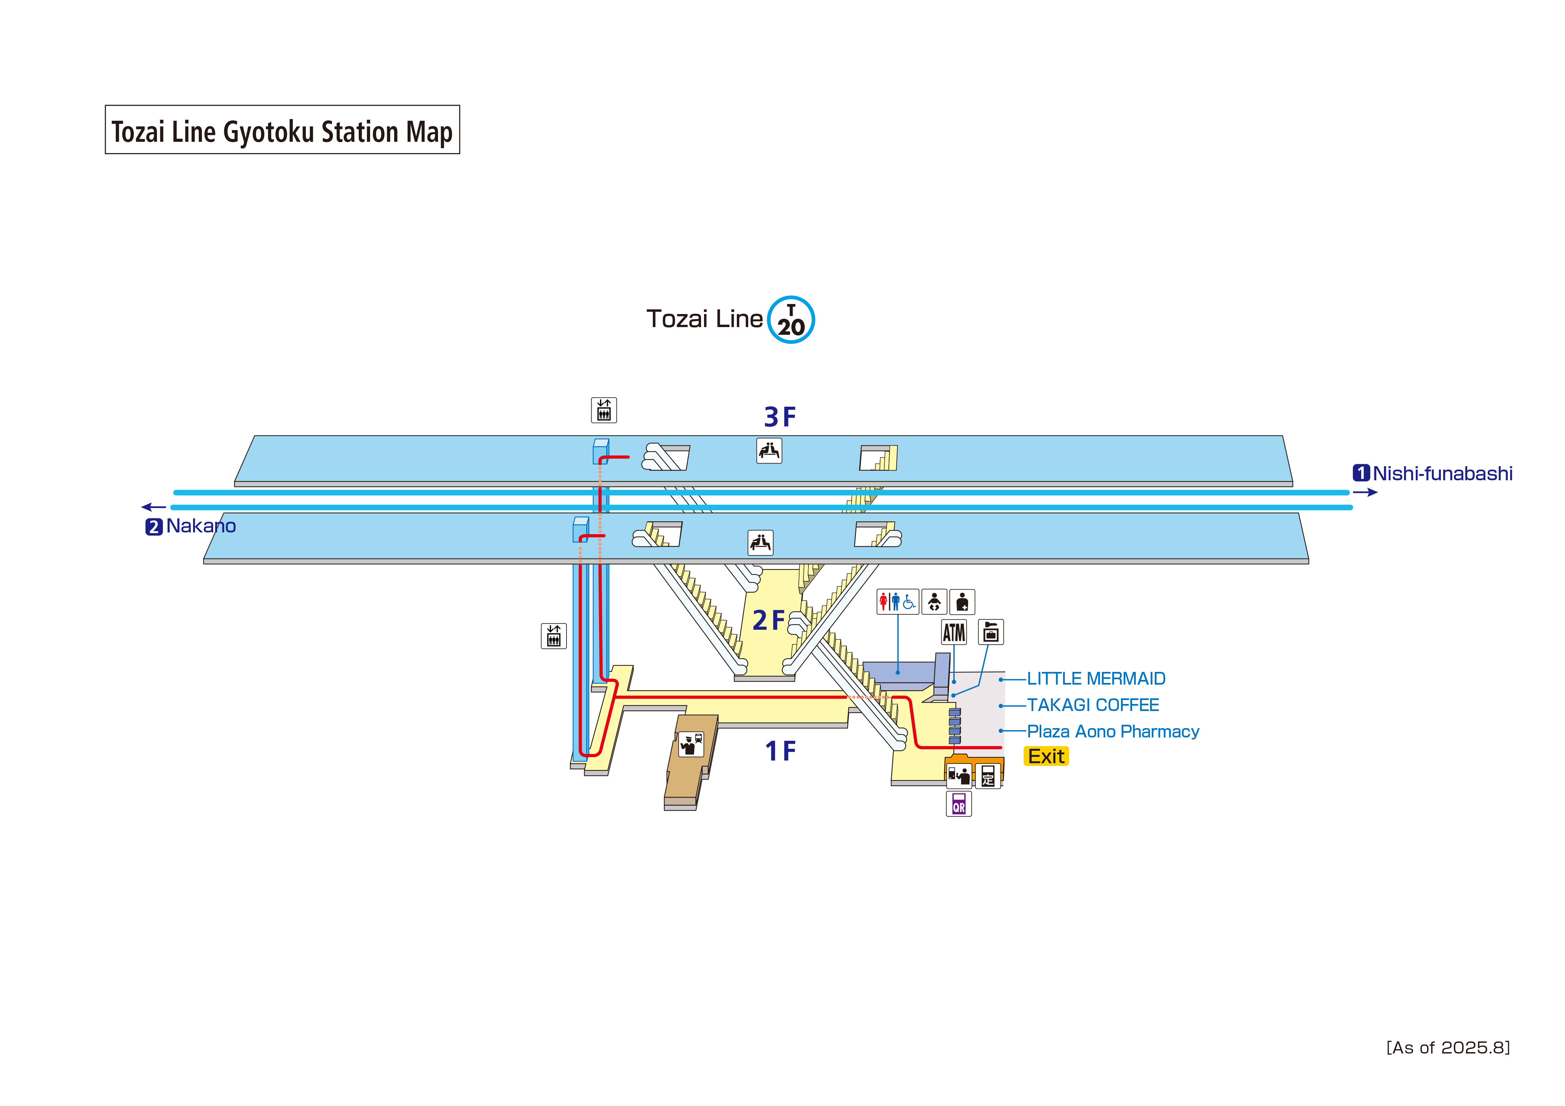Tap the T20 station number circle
pos(791,320)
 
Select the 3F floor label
pos(780,416)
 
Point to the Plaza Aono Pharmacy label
pos(1112,731)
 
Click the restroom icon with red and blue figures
pos(897,602)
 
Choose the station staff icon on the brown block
pos(691,744)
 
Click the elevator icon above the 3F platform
pos(603,410)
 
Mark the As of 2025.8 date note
pos(1448,1047)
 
